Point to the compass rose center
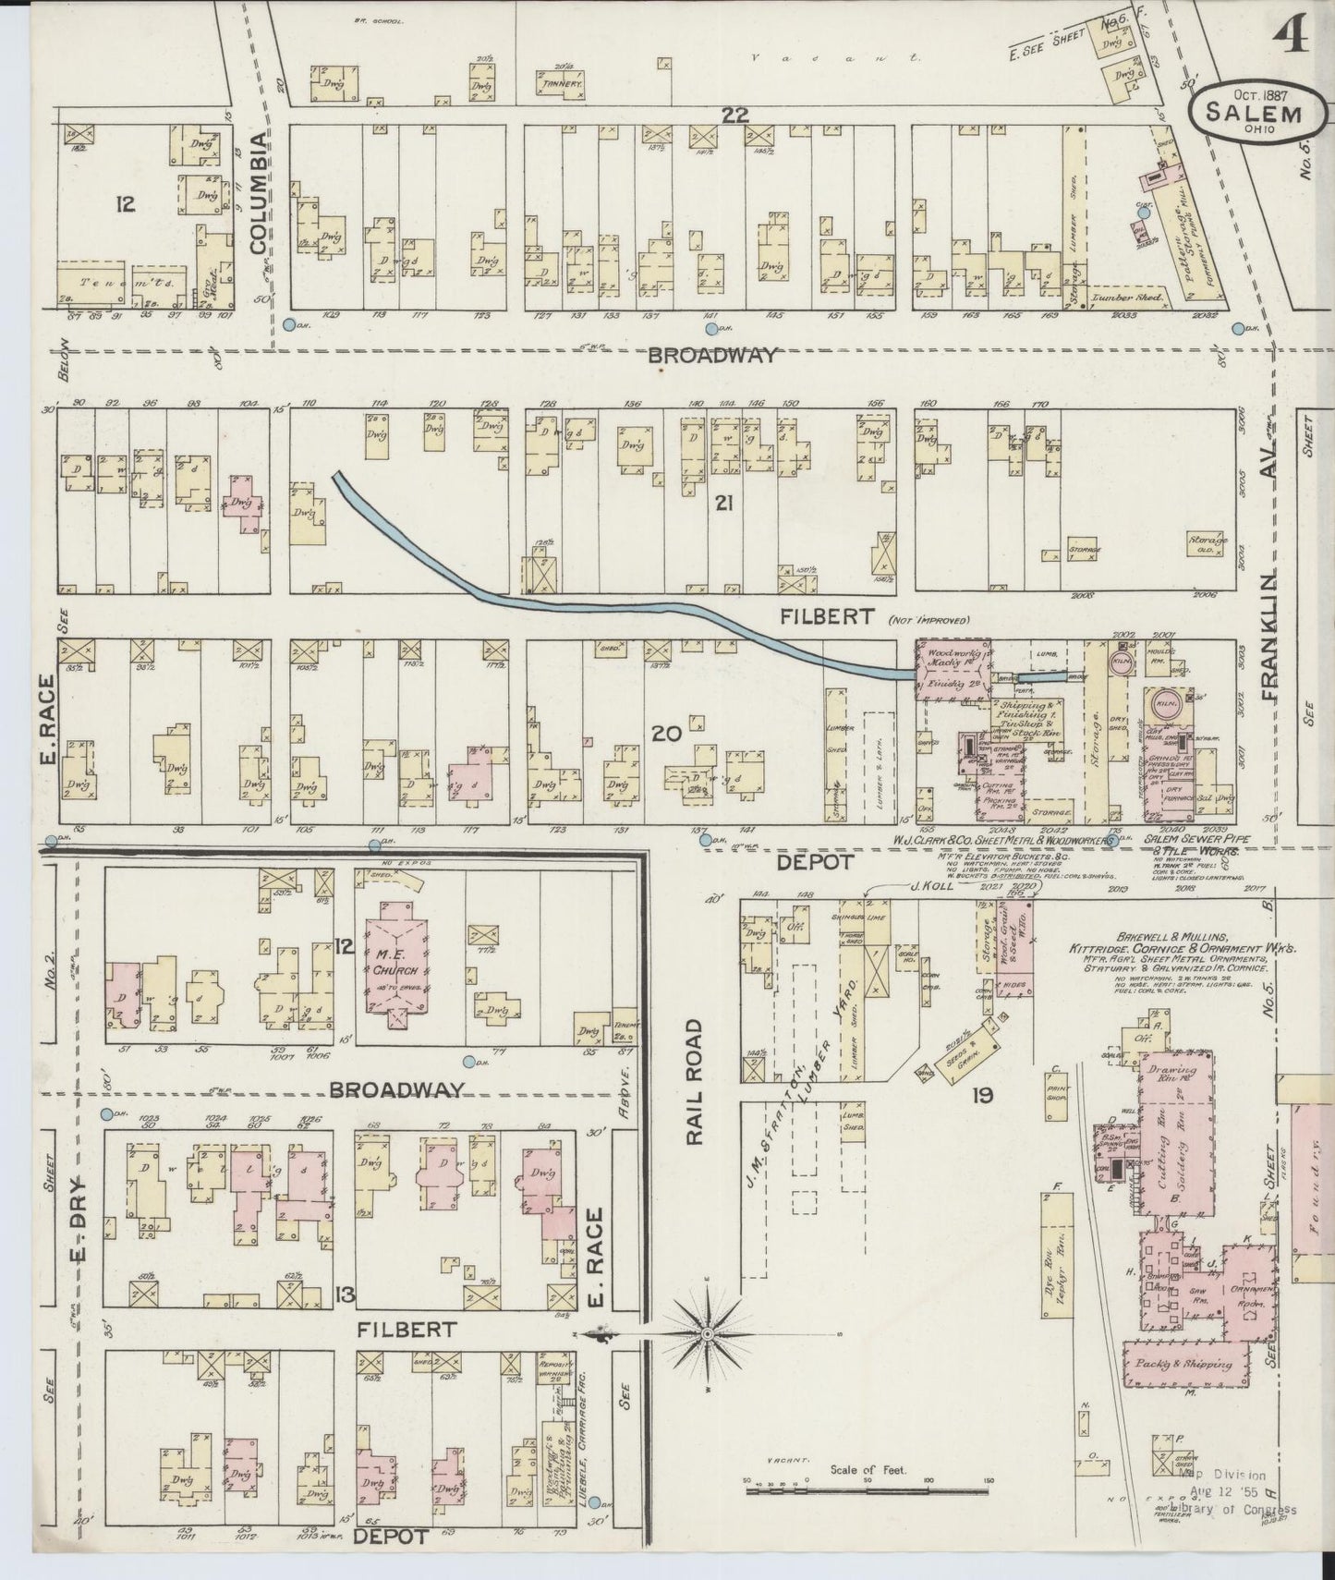click(707, 1334)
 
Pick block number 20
click(666, 735)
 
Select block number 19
click(981, 1096)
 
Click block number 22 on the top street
click(735, 114)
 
